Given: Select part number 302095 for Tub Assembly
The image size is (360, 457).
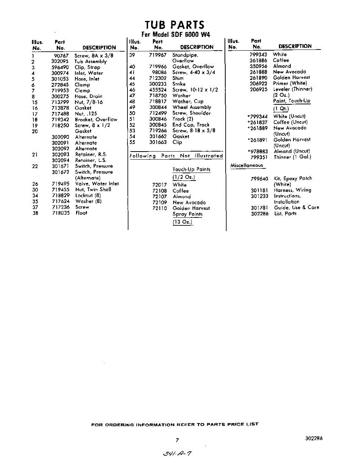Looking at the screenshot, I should click(x=60, y=61).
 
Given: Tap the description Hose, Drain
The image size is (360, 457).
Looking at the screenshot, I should click(x=88, y=96).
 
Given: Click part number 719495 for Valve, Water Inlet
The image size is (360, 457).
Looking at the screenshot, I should click(x=61, y=184).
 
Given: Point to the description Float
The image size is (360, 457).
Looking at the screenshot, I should click(x=81, y=213).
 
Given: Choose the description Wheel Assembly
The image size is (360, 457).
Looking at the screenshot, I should click(x=191, y=107).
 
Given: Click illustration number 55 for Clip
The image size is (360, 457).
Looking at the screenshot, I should click(x=132, y=142).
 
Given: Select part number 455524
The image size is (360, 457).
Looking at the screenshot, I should click(x=158, y=90).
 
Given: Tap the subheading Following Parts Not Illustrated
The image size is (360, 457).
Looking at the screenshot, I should click(x=176, y=156).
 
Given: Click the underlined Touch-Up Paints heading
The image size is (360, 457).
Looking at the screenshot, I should click(x=191, y=169).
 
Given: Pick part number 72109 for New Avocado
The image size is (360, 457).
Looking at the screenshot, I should click(x=159, y=203).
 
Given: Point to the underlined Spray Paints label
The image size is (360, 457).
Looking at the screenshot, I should click(x=187, y=214).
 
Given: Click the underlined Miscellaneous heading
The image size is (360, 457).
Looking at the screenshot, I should click(x=247, y=166).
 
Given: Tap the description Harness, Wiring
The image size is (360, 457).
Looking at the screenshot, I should click(x=292, y=190).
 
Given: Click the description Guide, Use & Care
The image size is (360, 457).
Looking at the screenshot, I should click(x=296, y=208).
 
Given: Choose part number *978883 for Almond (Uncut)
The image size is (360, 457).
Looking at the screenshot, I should click(x=258, y=151).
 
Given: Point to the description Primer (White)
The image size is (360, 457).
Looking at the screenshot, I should click(x=290, y=83).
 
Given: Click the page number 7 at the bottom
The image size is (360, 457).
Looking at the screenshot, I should click(x=177, y=440).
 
